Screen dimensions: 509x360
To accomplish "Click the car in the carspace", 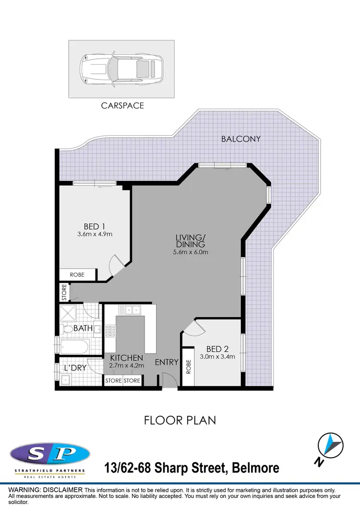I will pyautogui.click(x=122, y=69).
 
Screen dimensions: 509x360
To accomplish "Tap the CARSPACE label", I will pyautogui.click(x=122, y=106).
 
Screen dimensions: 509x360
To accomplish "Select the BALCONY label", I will pyautogui.click(x=240, y=139).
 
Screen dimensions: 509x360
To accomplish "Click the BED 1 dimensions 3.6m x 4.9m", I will pyautogui.click(x=95, y=235).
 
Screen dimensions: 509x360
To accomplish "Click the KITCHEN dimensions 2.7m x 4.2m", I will pyautogui.click(x=126, y=366).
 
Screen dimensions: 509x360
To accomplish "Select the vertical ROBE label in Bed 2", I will pyautogui.click(x=189, y=367).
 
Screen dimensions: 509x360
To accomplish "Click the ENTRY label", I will pyautogui.click(x=167, y=362).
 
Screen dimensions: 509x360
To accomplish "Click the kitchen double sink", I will pyautogui.click(x=130, y=310).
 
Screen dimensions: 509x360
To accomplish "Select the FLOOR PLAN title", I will pyautogui.click(x=180, y=421).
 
